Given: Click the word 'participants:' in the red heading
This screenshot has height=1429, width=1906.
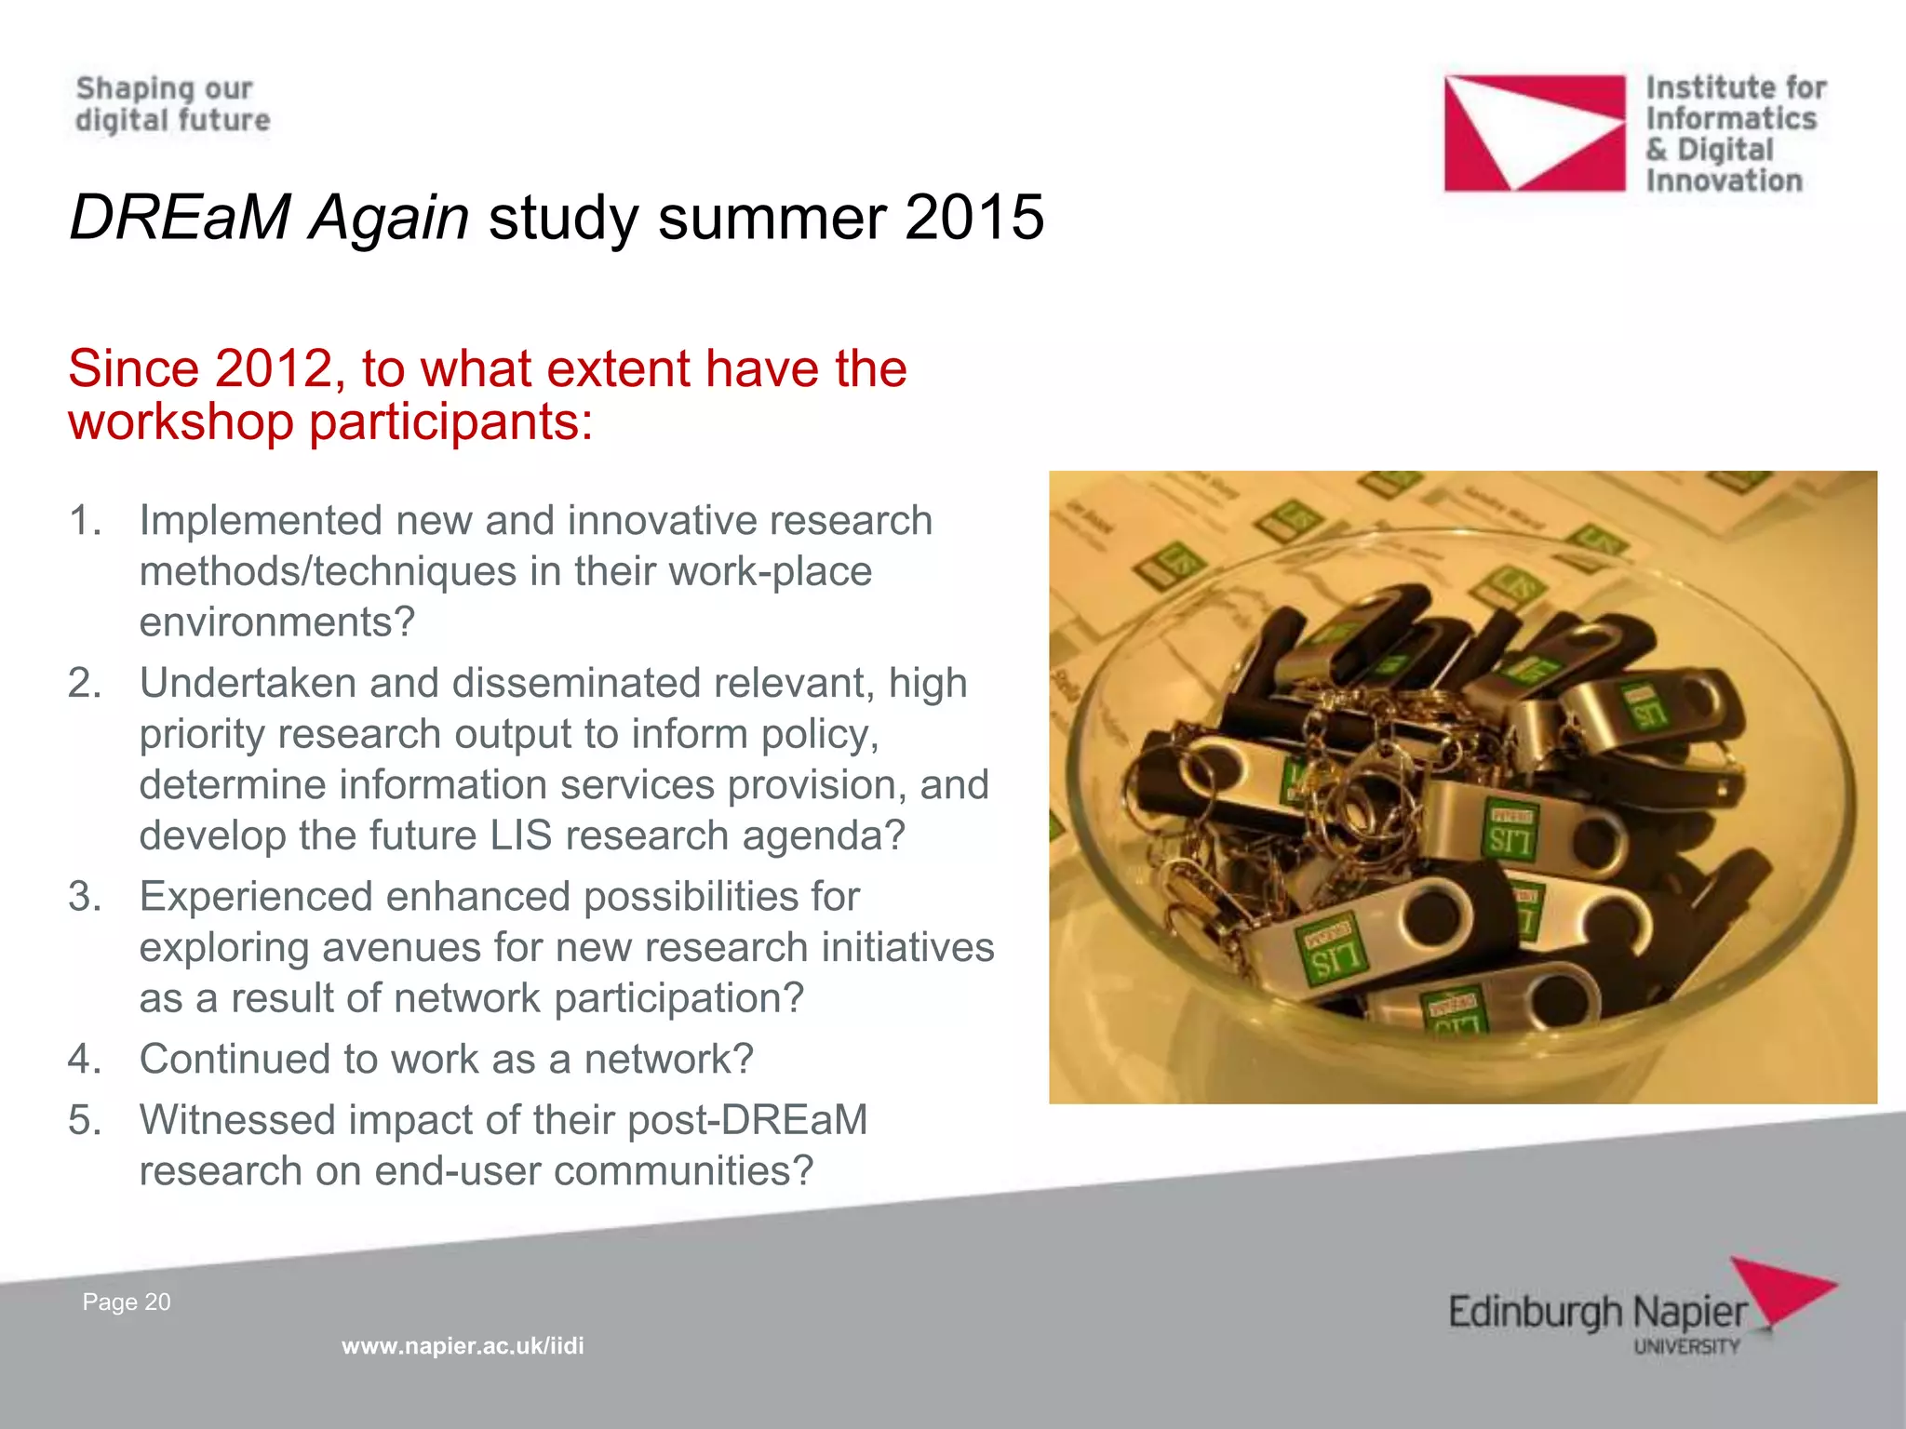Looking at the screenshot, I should point(450,421).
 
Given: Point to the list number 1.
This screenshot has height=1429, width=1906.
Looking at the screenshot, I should point(84,521).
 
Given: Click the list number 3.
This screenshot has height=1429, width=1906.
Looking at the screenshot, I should point(84,897).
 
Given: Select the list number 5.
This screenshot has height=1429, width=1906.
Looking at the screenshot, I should point(84,1120).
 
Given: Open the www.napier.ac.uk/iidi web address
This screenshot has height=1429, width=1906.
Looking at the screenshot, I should point(463,1346).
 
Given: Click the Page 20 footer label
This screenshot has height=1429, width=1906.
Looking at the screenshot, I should point(127,1302).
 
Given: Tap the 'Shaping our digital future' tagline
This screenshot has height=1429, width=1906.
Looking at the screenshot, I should point(172,104).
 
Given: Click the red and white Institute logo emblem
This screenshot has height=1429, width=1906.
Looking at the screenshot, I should point(1534,133).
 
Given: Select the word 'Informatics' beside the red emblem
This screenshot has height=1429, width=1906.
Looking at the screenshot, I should point(1731,119).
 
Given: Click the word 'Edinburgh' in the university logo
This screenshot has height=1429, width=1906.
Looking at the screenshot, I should point(1534,1314).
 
